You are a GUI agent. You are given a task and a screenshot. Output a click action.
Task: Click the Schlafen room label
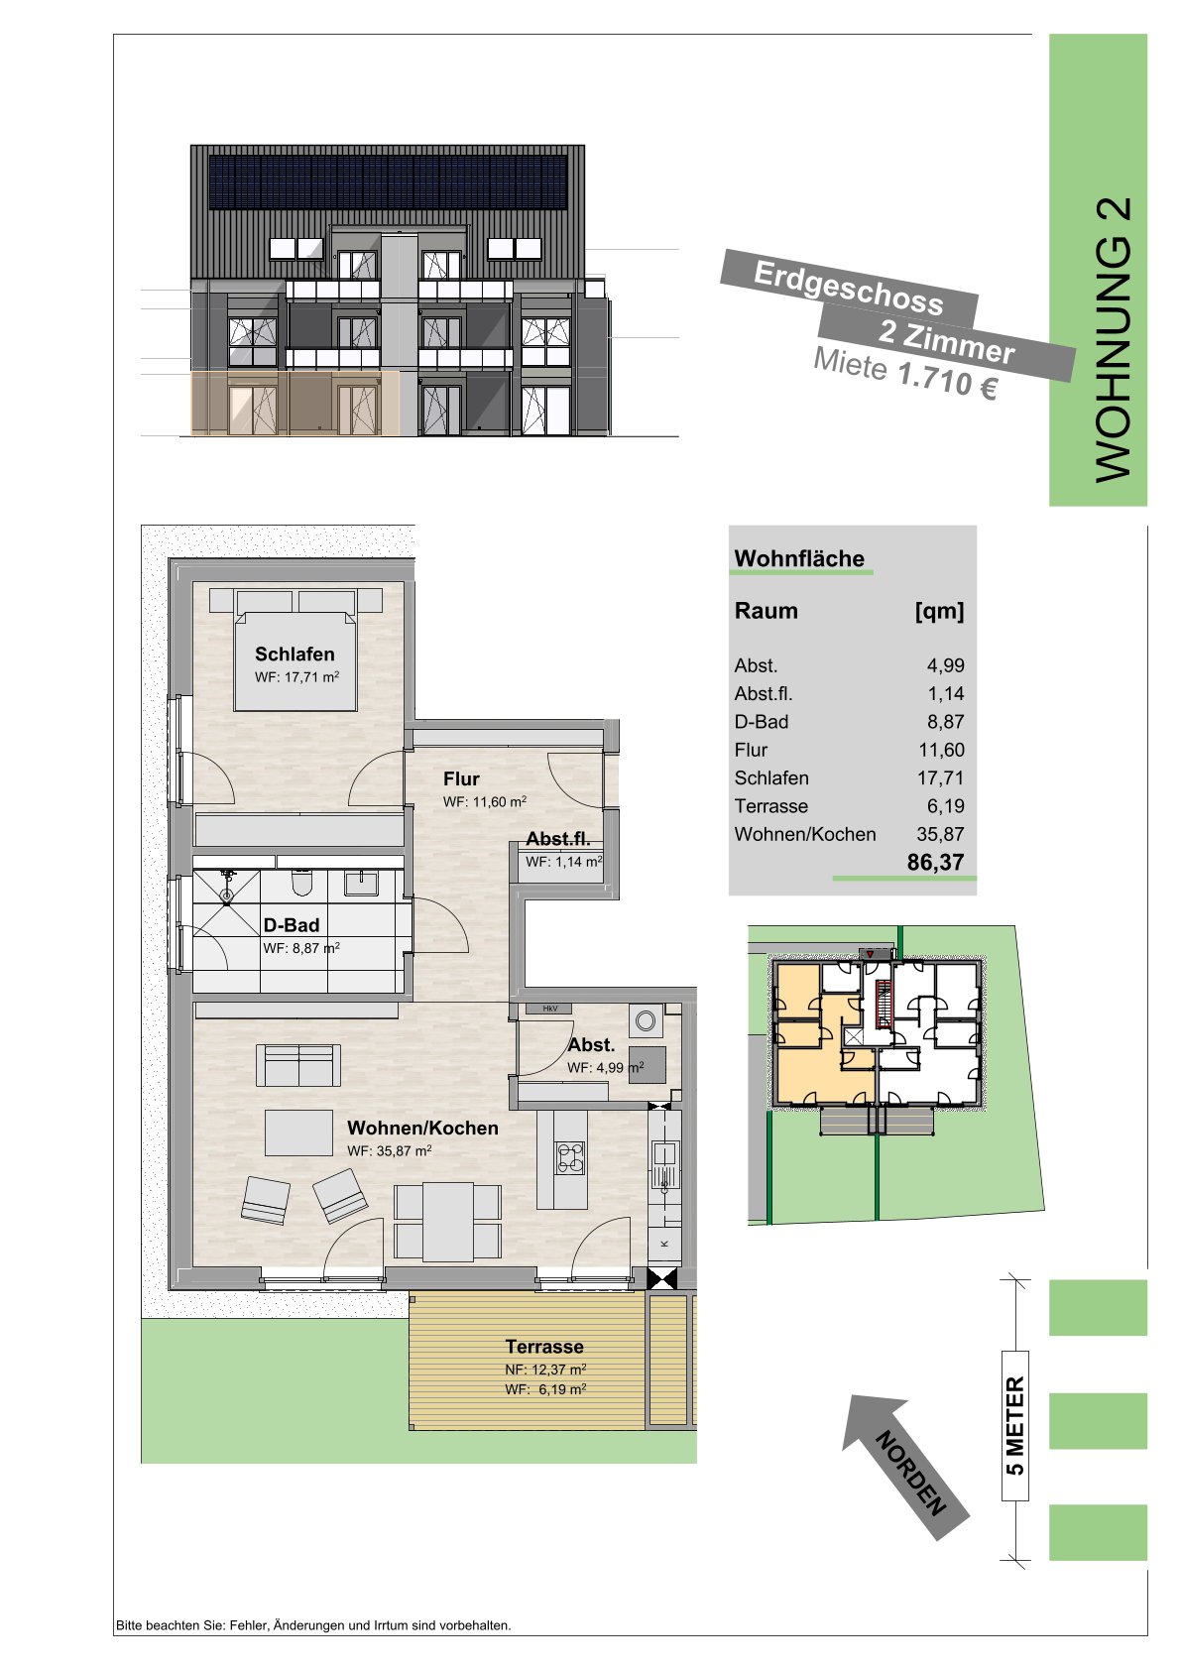click(x=295, y=655)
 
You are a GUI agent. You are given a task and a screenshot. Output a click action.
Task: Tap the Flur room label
click(x=461, y=779)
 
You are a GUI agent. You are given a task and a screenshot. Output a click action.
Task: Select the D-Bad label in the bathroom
click(x=292, y=925)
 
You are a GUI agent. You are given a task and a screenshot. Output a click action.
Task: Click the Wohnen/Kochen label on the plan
click(x=422, y=1129)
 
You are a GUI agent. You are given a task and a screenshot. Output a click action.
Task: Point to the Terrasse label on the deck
click(x=544, y=1347)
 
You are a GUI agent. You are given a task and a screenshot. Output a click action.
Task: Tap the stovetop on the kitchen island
click(x=570, y=1157)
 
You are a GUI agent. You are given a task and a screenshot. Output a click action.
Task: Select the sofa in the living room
click(x=298, y=1065)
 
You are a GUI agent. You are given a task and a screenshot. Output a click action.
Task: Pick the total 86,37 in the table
click(x=936, y=862)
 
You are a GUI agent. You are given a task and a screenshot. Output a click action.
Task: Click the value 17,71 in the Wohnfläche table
click(x=940, y=777)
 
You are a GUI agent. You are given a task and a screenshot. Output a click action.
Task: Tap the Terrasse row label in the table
click(x=771, y=806)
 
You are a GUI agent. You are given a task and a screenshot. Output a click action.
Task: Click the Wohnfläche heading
click(x=799, y=559)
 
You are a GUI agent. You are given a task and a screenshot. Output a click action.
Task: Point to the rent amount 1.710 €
click(x=947, y=382)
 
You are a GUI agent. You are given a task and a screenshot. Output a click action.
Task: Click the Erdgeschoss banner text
click(x=849, y=289)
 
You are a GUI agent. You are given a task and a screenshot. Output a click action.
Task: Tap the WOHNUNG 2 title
click(x=1113, y=340)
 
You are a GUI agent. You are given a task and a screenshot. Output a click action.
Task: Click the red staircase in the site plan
click(x=885, y=1005)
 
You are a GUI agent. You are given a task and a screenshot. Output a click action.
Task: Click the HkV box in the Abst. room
click(x=549, y=1009)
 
